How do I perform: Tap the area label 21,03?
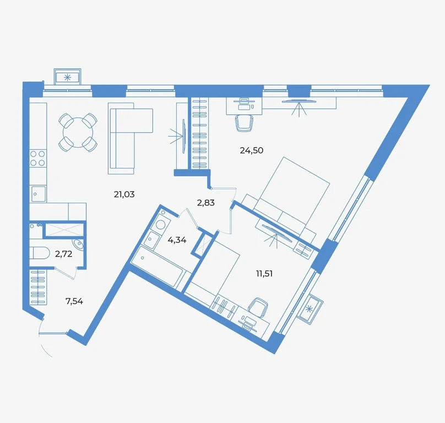124,194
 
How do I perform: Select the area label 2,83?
205,202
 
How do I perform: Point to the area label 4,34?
176,240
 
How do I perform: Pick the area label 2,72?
64,254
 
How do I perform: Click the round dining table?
78,132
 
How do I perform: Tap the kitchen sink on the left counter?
39,193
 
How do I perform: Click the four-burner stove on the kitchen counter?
37,158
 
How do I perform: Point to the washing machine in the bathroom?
161,224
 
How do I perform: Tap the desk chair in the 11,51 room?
257,306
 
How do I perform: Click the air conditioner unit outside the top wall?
68,77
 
